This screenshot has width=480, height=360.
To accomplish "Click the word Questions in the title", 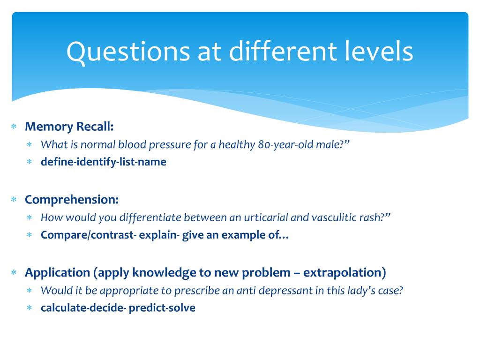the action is [x=128, y=52].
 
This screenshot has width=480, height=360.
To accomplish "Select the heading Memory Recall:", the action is [x=69, y=127].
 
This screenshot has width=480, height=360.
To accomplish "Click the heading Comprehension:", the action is [x=72, y=200].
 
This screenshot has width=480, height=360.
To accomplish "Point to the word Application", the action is [x=58, y=273].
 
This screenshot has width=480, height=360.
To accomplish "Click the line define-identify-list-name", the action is [x=104, y=162].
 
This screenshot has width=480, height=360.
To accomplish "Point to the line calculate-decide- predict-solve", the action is [x=118, y=308].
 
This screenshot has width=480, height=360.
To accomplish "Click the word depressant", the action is [x=285, y=291].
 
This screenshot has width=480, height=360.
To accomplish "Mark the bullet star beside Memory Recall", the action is [x=14, y=126].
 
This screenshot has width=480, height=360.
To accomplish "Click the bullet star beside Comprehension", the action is [x=14, y=199].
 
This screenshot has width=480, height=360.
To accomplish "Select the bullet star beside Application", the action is [x=14, y=272].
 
